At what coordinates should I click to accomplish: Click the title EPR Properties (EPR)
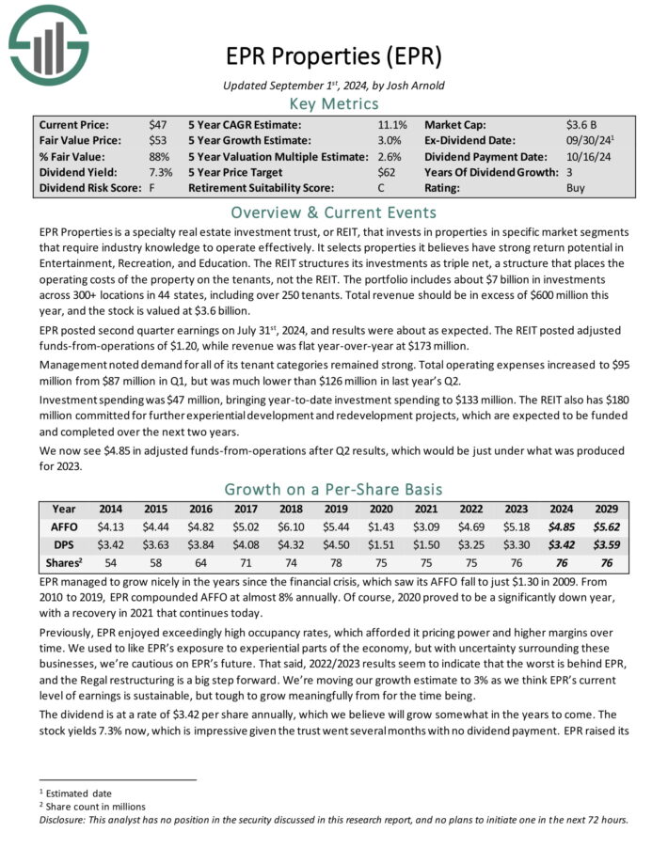tap(333, 55)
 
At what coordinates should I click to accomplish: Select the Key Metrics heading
tap(333, 103)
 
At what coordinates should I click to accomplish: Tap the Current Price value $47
tap(158, 124)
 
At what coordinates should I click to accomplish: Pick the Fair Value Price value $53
tap(158, 140)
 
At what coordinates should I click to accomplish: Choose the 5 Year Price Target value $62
tap(388, 172)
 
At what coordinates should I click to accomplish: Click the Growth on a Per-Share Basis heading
tap(333, 489)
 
